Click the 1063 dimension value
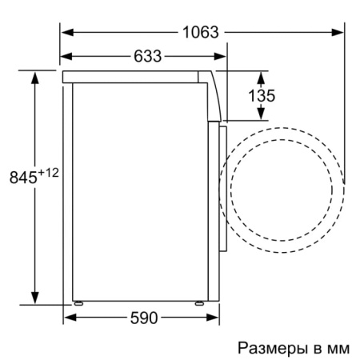coord(200,32)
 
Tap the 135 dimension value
coord(262,96)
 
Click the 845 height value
coord(24,178)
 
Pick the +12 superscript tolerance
coord(50,172)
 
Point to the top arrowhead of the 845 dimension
coord(36,76)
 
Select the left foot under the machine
coord(78,304)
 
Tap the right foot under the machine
coord(200,304)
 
